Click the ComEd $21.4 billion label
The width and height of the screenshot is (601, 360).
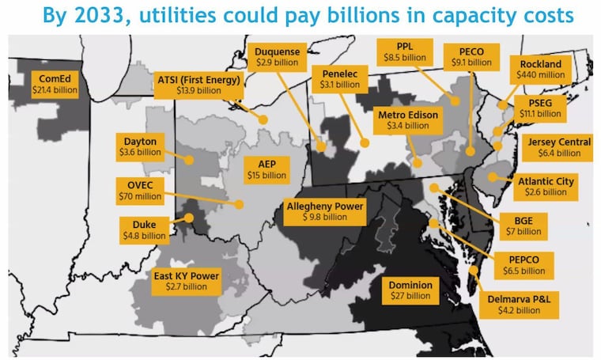pos(52,85)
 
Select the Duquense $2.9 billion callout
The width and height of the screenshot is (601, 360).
pos(277,55)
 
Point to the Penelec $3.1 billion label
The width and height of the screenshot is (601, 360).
pos(338,78)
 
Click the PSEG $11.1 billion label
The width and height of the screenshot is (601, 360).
pos(539,108)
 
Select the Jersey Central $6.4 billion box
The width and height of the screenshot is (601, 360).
pos(557,146)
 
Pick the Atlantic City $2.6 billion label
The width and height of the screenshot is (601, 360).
pos(547,186)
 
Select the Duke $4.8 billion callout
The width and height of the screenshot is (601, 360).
pos(143,229)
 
